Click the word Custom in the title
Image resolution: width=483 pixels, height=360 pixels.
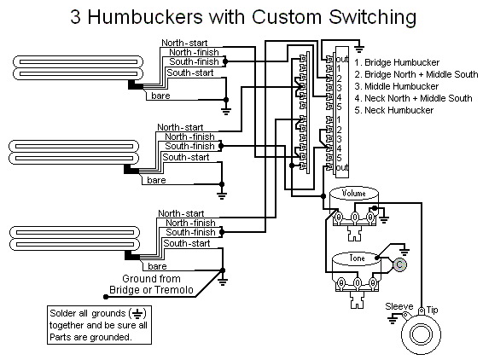[x=287, y=16]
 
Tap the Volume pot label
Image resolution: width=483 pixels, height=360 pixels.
[x=353, y=194]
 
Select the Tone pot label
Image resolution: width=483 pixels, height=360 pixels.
[x=357, y=258]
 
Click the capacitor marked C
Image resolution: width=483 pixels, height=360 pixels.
[x=399, y=264]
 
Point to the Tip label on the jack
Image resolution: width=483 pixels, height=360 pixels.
[x=432, y=310]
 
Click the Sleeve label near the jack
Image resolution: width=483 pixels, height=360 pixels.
[x=399, y=306]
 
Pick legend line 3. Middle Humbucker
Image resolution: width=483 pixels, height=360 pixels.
[x=397, y=86]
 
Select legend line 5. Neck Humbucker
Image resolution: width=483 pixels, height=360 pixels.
[x=394, y=110]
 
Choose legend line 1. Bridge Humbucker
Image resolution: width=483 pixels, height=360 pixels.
[x=397, y=62]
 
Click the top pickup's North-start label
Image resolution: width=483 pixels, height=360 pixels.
[x=184, y=43]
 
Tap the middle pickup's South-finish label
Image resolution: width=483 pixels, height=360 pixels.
[x=189, y=146]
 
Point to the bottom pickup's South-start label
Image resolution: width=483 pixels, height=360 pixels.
[x=187, y=243]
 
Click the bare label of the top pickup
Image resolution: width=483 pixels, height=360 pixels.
[x=160, y=96]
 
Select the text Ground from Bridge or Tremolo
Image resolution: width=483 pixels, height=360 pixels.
[x=151, y=284]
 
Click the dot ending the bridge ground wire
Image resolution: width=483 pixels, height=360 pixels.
[x=106, y=297]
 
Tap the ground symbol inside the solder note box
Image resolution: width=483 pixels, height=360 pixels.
[x=137, y=313]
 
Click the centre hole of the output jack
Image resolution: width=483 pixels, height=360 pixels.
[x=421, y=334]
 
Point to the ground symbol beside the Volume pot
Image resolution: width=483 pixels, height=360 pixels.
[x=383, y=219]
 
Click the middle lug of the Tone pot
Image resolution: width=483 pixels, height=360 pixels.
[x=357, y=282]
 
